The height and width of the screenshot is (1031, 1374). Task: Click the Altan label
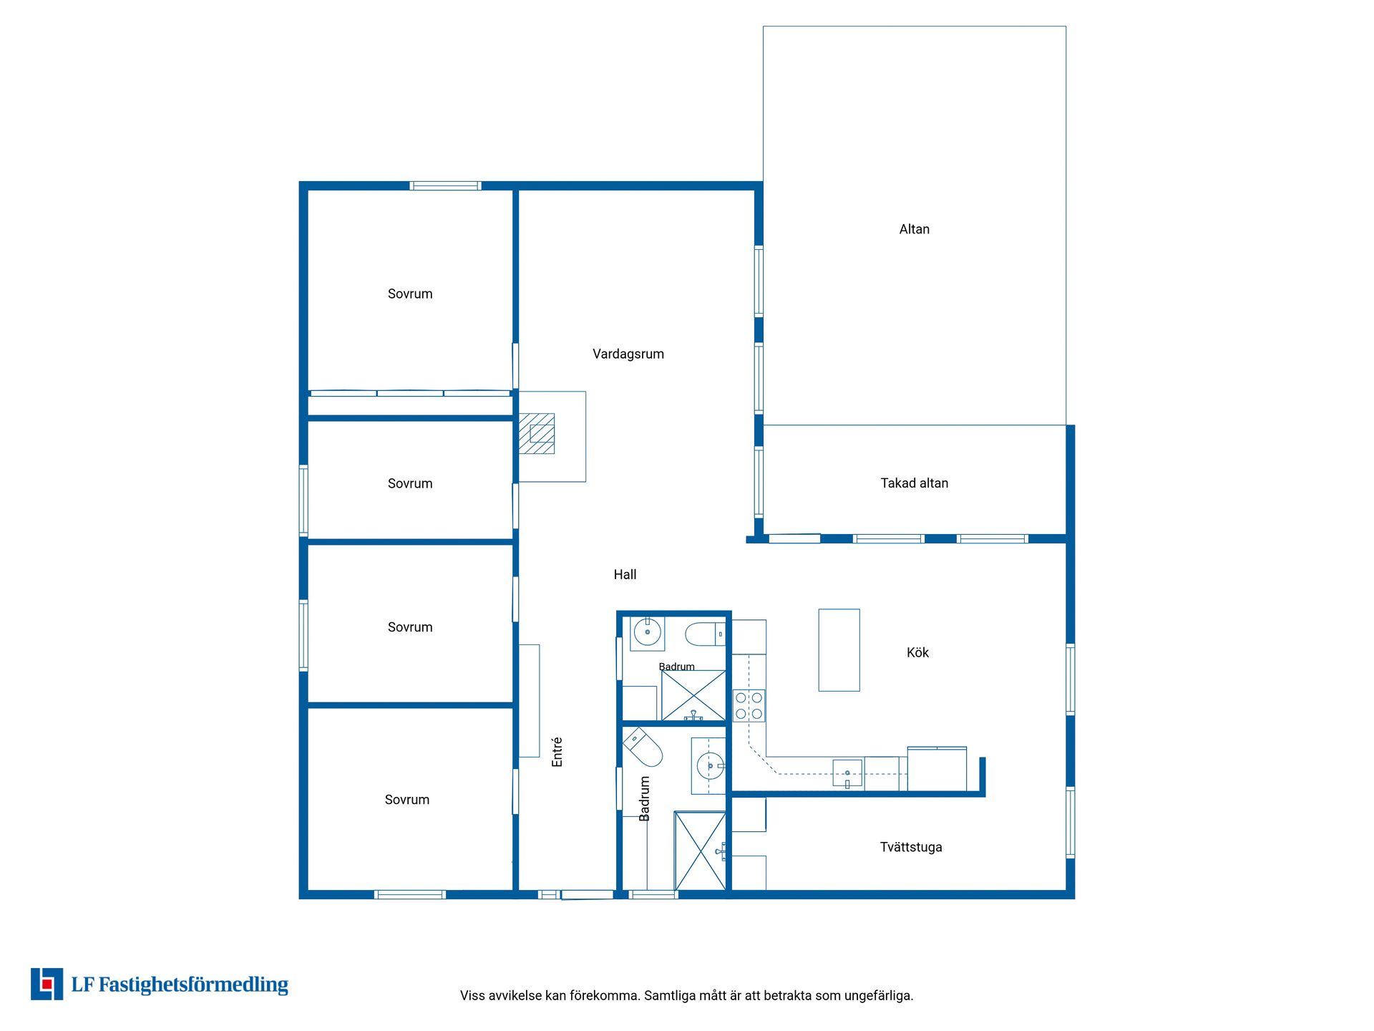click(914, 229)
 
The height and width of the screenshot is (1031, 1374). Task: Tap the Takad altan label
click(914, 483)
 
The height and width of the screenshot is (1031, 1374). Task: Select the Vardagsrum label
click(628, 354)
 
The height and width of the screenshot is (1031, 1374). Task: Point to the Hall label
click(625, 574)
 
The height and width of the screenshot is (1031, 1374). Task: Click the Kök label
click(917, 652)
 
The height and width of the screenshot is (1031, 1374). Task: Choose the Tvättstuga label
click(910, 847)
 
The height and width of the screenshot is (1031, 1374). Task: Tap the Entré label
click(557, 752)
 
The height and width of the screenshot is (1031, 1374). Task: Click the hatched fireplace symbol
click(537, 434)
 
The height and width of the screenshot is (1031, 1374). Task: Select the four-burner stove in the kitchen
click(749, 705)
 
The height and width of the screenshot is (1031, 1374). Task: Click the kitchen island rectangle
click(839, 650)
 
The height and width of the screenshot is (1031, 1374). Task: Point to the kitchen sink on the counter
click(847, 774)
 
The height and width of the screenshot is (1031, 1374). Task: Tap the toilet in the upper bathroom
click(706, 634)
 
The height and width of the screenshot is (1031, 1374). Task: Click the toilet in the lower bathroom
click(643, 747)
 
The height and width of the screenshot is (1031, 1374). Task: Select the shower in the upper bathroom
click(693, 695)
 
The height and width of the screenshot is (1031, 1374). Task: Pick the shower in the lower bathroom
click(701, 851)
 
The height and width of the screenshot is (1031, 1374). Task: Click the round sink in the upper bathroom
click(648, 633)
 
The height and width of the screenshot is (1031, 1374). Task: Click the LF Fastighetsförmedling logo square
click(47, 984)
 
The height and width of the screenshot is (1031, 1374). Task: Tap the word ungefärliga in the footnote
click(878, 996)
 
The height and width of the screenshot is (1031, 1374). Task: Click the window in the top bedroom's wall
click(445, 186)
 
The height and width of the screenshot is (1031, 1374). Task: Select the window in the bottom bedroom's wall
click(410, 894)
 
